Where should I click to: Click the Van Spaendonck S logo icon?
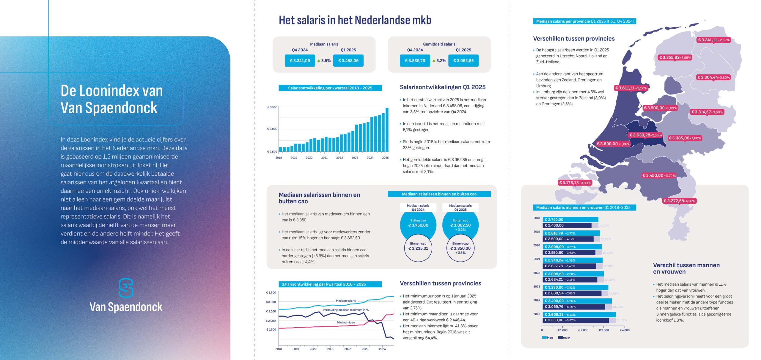coord(126,288)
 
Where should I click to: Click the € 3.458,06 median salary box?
coord(348,61)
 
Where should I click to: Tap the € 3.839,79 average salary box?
coord(415,61)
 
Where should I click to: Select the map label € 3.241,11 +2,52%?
coord(713,40)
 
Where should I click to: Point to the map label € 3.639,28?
coord(645,135)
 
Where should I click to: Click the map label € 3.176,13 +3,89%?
coord(575,183)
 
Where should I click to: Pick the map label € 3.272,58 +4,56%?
coord(679,201)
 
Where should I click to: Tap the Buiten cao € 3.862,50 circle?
coord(460,225)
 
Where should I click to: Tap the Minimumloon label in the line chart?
coord(345,323)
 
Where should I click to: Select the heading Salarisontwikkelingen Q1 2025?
coord(442,87)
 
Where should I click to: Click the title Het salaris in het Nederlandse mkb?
coord(355,20)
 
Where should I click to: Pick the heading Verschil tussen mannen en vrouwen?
coord(686,268)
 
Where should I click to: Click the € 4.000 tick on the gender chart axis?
coord(625,330)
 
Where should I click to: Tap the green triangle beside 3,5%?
coord(319,61)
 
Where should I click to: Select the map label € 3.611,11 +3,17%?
coord(631,88)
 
